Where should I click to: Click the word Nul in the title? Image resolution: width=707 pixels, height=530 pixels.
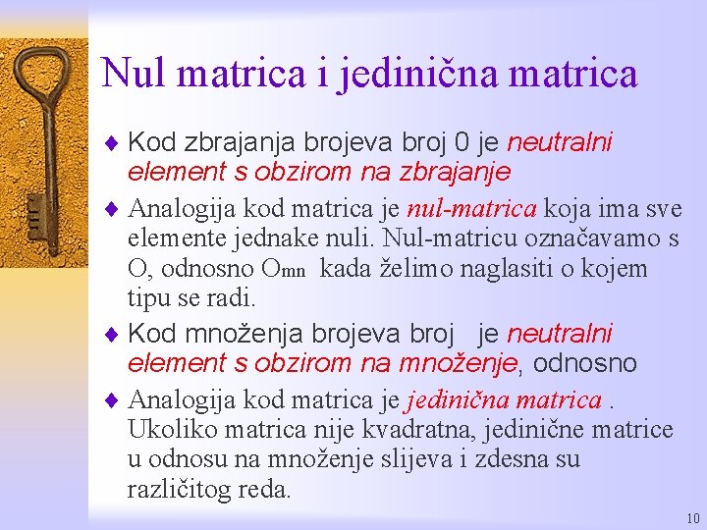pos(132,73)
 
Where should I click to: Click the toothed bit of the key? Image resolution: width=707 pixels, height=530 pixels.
pos(34,210)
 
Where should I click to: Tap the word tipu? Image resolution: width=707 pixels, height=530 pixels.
pos(148,297)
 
